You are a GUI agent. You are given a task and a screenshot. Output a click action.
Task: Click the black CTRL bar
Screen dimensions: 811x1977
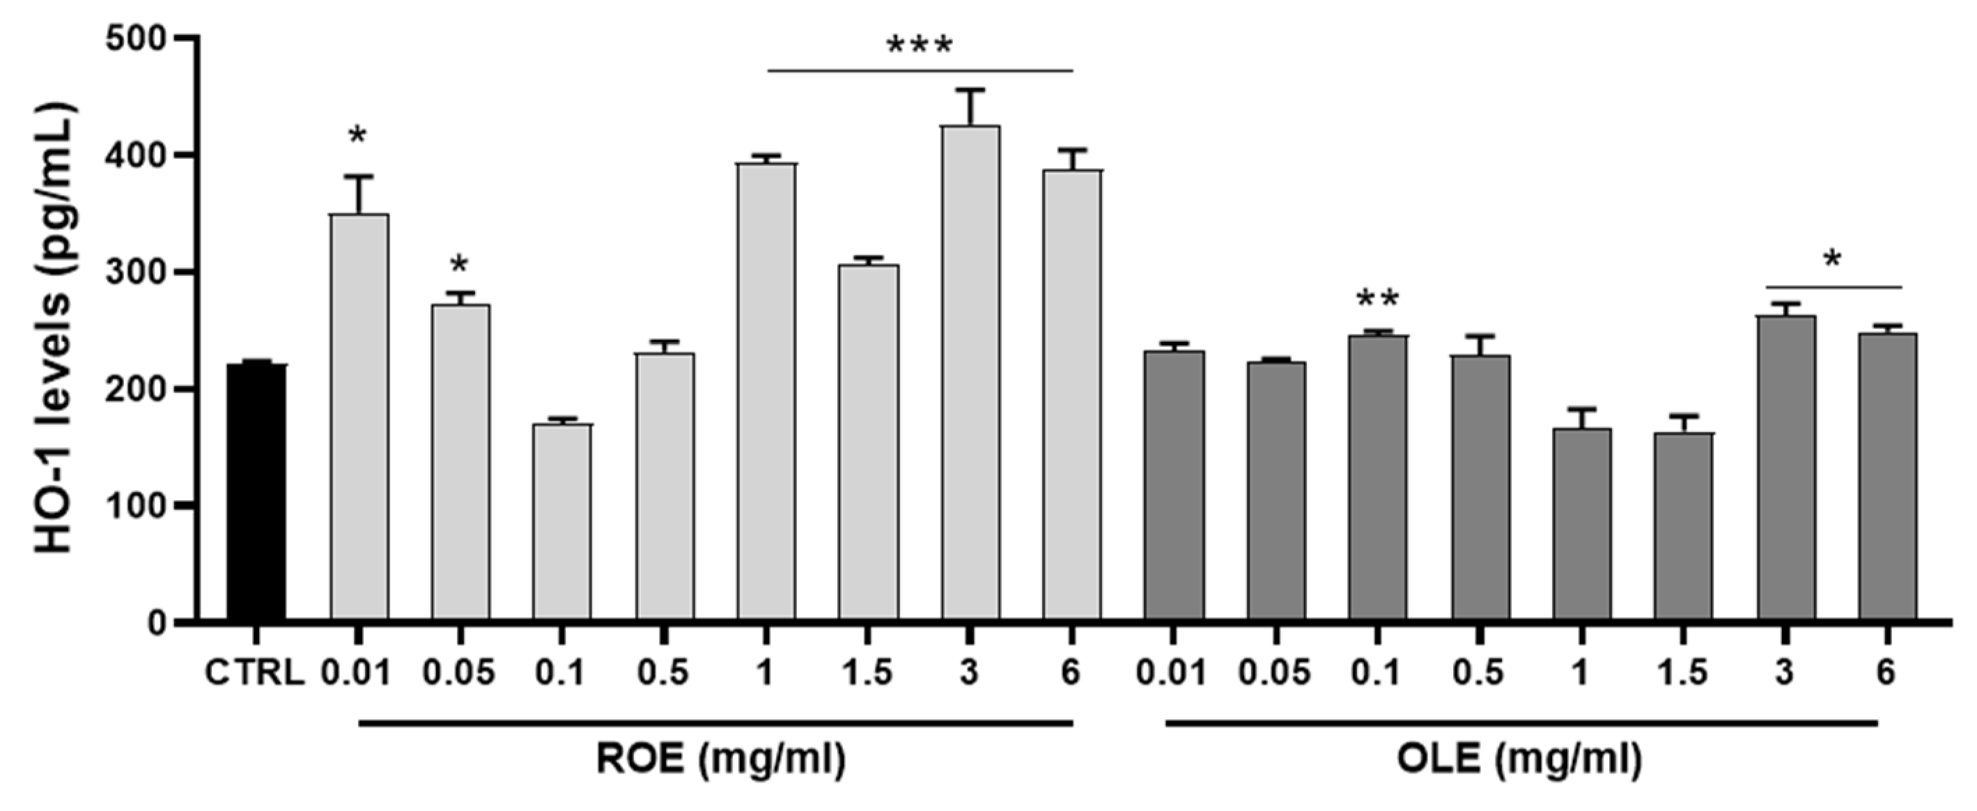tap(256, 491)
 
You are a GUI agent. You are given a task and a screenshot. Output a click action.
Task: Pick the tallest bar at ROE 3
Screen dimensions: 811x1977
tap(971, 372)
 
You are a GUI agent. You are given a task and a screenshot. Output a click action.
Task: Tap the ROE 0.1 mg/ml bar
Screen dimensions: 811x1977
tap(561, 522)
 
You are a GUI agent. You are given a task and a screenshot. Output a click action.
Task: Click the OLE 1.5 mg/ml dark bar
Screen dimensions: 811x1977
tap(1683, 526)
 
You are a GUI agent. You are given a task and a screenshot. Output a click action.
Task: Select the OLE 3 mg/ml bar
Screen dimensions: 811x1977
tap(1786, 468)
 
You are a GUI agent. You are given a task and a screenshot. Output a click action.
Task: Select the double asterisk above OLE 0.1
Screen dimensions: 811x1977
tap(1378, 299)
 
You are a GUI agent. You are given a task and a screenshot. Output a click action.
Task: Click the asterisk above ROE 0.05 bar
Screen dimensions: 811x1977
tap(459, 266)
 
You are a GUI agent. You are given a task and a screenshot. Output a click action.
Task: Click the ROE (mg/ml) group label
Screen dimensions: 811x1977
tap(721, 760)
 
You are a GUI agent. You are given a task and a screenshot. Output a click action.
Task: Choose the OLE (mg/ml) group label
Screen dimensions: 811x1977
tap(1520, 760)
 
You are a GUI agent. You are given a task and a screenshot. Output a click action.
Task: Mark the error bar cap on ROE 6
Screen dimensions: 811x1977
tap(1072, 150)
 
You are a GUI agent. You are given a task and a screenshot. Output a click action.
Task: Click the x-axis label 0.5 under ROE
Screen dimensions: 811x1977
tap(664, 673)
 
